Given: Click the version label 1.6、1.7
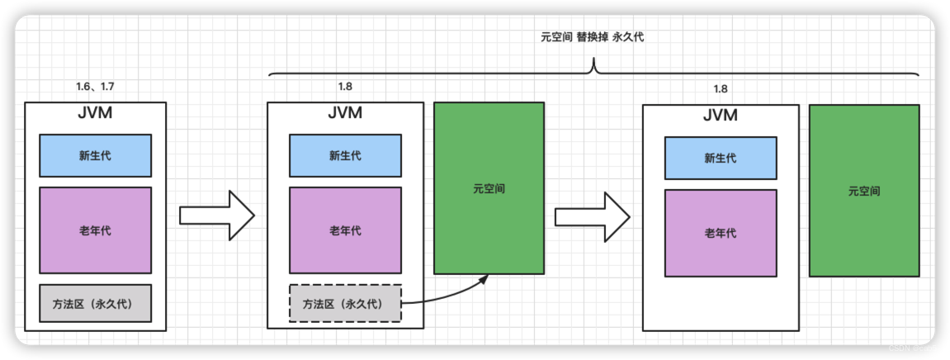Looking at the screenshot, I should (95, 87).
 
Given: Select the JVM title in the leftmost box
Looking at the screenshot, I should (95, 114).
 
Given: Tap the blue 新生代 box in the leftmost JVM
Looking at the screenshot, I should (95, 155).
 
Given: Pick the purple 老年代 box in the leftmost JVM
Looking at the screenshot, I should (95, 230).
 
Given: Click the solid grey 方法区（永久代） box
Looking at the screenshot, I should (95, 303).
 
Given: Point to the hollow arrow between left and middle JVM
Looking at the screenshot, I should (216, 216).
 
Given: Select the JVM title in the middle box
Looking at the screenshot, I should (344, 114).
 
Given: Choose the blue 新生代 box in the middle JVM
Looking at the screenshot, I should (344, 155).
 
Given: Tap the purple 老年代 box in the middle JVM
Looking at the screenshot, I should (344, 230).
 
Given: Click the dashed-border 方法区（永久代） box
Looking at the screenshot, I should (344, 303).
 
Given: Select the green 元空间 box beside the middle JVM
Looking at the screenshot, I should (489, 188).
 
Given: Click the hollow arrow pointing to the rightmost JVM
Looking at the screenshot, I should (592, 217).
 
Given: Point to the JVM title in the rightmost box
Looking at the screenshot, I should (721, 116).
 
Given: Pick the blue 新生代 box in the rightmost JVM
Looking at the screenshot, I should (721, 158).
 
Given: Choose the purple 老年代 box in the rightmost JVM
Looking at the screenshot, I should (721, 233).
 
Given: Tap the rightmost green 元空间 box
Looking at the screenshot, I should (863, 191).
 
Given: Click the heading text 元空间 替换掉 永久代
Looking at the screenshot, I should (593, 38).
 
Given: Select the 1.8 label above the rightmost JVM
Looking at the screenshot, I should (721, 89).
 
